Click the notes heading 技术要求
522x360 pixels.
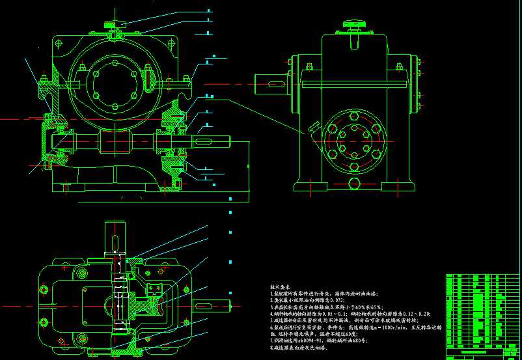coord(281,286)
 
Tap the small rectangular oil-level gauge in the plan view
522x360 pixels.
coord(156,290)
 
